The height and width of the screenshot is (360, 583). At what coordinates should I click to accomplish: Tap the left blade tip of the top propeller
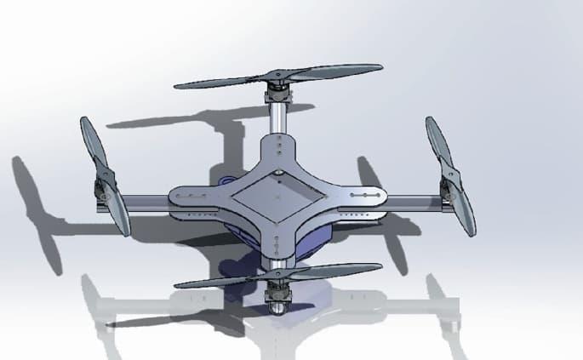click(x=178, y=85)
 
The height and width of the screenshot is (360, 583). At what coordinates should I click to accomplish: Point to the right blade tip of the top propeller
click(x=380, y=67)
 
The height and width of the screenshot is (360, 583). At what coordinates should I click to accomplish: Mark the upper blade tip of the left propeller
click(x=84, y=121)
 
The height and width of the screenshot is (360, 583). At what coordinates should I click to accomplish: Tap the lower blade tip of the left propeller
click(x=126, y=233)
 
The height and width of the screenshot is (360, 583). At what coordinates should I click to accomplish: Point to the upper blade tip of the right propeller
click(x=430, y=120)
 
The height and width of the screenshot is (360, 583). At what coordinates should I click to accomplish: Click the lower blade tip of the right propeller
click(x=471, y=233)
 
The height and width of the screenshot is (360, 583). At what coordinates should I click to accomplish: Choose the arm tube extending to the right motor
click(x=413, y=203)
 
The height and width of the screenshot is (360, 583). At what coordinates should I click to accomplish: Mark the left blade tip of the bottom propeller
click(x=178, y=284)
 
